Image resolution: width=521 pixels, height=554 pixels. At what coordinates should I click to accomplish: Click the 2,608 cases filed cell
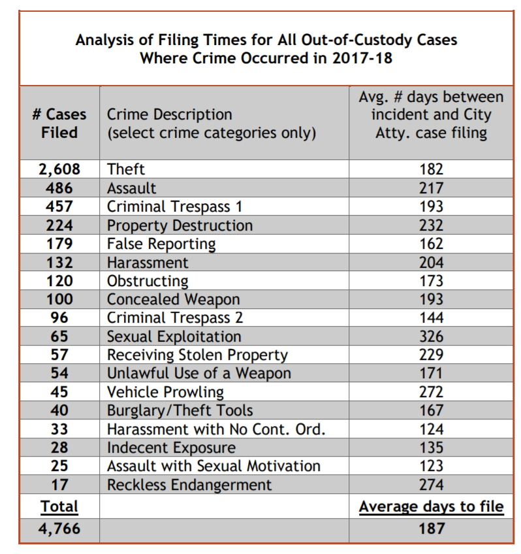tap(59, 169)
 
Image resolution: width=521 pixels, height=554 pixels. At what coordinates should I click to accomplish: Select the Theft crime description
tap(125, 169)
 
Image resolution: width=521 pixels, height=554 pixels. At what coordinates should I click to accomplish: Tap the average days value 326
tap(431, 336)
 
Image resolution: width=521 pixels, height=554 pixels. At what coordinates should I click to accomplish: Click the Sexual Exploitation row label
tap(174, 336)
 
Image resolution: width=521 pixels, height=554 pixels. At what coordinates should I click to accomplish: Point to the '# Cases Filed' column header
tap(59, 123)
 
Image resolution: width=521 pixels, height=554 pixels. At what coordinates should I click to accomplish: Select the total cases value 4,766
tap(59, 529)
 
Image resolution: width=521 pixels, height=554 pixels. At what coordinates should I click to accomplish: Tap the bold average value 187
tap(431, 529)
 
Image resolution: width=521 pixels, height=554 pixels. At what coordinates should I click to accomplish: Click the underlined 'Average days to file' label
tap(431, 507)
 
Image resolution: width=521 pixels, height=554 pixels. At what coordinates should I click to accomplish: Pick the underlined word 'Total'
tap(59, 506)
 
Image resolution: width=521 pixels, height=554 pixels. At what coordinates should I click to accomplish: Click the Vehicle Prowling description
tap(165, 392)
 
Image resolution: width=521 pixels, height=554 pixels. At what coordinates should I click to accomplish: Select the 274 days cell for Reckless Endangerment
tap(431, 485)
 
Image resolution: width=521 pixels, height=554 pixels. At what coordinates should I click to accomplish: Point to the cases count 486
tap(59, 188)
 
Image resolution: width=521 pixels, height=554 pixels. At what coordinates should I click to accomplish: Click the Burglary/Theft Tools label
tap(180, 410)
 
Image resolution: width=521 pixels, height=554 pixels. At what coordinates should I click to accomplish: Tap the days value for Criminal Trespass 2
tap(431, 318)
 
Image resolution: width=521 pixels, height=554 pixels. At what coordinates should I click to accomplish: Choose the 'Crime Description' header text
tap(170, 114)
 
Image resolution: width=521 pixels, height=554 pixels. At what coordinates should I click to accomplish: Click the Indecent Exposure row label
tap(171, 448)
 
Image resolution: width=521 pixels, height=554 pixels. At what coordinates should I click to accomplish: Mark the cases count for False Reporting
tap(59, 244)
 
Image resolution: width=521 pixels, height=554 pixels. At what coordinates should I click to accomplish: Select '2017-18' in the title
tap(362, 58)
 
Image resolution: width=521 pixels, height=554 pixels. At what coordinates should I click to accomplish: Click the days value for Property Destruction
tap(431, 225)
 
